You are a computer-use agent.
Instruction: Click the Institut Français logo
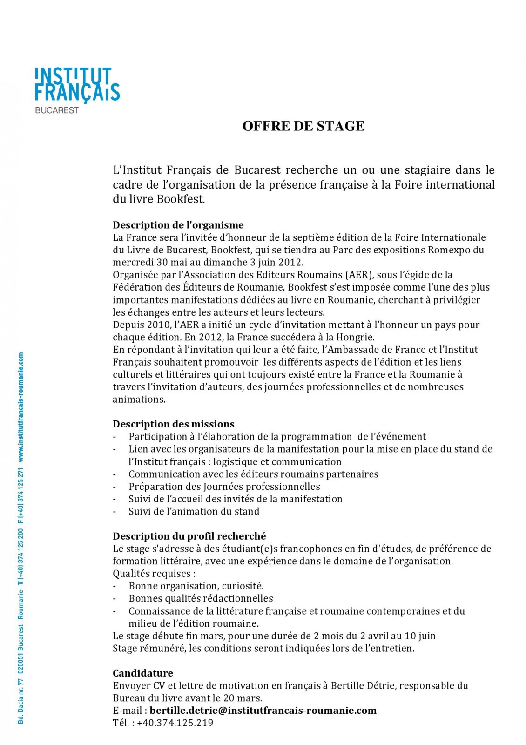click(x=77, y=85)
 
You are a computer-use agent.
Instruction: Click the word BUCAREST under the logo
click(x=57, y=111)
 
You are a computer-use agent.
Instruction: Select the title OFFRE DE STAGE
click(x=303, y=126)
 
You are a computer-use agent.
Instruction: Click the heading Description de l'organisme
click(x=178, y=225)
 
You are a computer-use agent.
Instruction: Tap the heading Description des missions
click(x=174, y=424)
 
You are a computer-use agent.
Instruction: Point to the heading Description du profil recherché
click(x=189, y=536)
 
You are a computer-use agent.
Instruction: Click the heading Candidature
click(x=143, y=673)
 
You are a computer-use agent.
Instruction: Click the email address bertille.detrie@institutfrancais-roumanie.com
click(x=263, y=711)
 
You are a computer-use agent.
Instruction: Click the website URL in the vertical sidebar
click(x=21, y=407)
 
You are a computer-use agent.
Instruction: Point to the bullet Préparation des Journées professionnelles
click(x=224, y=487)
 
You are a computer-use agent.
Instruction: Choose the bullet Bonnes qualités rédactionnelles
click(x=201, y=599)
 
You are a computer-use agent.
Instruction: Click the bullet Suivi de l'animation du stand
click(x=194, y=512)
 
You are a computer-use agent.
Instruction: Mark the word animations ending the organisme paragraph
click(x=139, y=400)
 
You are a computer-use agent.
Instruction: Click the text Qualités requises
click(x=154, y=574)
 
